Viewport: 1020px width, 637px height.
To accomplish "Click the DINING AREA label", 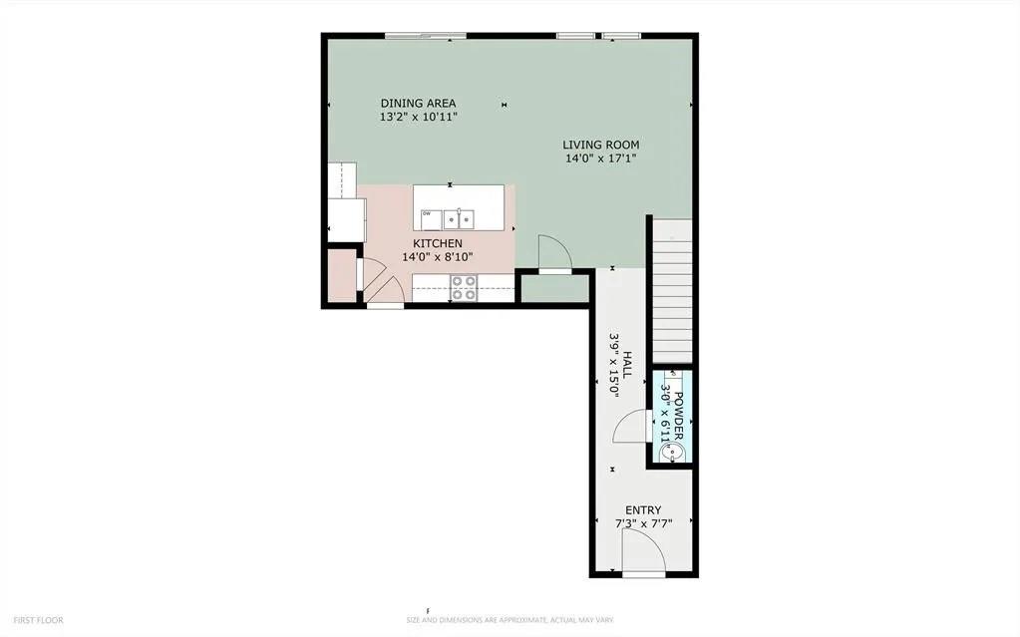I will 419,103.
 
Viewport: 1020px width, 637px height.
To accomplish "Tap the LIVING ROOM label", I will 600,145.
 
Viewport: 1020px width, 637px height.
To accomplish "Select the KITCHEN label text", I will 438,243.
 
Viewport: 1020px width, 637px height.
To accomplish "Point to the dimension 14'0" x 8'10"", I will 438,257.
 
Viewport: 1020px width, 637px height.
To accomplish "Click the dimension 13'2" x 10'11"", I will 419,117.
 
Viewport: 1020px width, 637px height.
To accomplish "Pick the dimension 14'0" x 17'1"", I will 600,159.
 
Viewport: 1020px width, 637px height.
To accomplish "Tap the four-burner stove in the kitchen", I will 465,288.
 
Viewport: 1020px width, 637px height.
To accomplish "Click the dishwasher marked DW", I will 428,214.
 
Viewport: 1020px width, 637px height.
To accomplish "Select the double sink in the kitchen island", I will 460,216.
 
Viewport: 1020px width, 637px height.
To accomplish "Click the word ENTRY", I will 643,510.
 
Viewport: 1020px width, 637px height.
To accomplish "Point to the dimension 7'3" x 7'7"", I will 643,524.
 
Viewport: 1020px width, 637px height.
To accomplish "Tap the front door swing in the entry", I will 639,550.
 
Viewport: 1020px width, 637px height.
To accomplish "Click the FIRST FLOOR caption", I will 39,620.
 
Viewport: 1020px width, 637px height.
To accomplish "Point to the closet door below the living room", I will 553,254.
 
